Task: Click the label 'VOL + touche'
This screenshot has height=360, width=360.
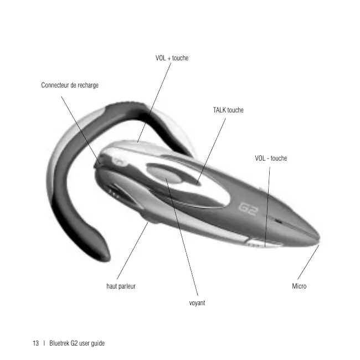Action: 172,58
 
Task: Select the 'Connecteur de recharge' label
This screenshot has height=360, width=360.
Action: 70,85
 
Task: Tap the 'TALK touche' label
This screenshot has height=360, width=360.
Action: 228,110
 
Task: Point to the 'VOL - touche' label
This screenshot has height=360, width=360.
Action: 271,158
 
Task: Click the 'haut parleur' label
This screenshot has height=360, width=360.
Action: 121,286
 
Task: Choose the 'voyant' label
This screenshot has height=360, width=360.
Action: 197,303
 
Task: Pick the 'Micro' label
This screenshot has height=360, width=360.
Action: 299,286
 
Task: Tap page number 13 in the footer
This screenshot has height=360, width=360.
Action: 35,343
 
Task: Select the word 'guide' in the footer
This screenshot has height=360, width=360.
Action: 96,343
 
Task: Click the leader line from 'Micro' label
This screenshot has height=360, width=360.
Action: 308,263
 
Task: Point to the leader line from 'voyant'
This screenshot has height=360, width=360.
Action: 183,238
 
